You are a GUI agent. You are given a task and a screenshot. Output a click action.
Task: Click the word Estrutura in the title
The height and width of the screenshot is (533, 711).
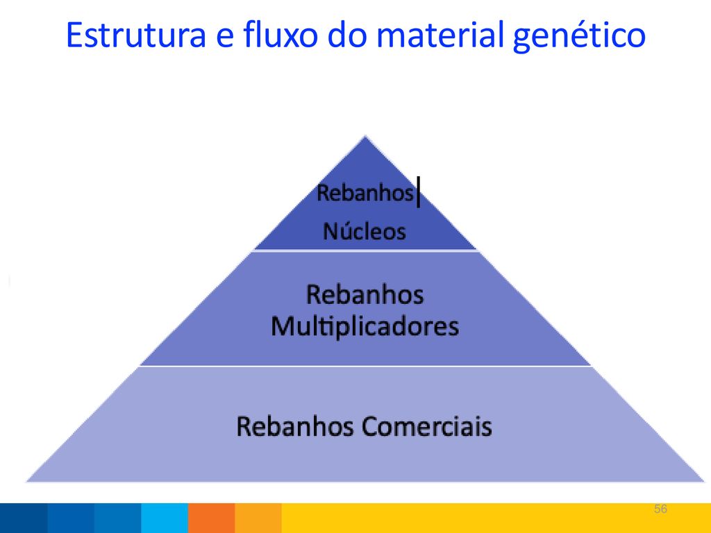click(x=136, y=35)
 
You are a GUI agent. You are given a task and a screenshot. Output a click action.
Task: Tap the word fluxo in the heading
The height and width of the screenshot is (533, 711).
click(x=281, y=34)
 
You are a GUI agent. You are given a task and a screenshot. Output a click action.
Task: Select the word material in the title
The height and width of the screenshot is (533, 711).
click(x=440, y=35)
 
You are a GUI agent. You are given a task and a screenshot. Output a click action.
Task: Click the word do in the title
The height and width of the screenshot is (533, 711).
click(x=347, y=34)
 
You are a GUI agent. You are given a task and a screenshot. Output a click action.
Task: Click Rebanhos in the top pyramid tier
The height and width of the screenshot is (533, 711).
click(x=365, y=193)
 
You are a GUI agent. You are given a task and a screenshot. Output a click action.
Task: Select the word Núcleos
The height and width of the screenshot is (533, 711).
click(x=364, y=230)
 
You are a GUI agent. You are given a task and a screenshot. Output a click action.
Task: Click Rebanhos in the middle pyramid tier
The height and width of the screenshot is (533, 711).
click(x=365, y=294)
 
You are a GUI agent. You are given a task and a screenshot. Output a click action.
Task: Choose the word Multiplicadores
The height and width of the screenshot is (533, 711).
click(x=365, y=326)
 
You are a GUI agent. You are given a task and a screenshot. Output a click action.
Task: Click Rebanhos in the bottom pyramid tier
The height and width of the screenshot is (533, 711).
click(x=295, y=426)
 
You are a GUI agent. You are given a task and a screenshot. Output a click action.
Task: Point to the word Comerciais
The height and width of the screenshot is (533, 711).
click(x=427, y=426)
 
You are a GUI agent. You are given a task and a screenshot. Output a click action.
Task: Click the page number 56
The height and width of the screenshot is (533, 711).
click(x=660, y=509)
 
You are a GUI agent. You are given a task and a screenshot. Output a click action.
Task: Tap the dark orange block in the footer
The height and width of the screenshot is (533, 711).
click(x=211, y=518)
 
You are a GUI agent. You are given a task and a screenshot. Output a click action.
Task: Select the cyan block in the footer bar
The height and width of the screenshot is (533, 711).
click(x=165, y=518)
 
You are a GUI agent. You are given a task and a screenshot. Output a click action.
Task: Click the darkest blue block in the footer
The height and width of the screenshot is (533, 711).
click(x=24, y=518)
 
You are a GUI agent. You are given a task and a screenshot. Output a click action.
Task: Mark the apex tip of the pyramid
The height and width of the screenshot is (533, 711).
click(x=365, y=135)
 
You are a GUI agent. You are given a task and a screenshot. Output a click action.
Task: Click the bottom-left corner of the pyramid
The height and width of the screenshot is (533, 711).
click(x=26, y=481)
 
